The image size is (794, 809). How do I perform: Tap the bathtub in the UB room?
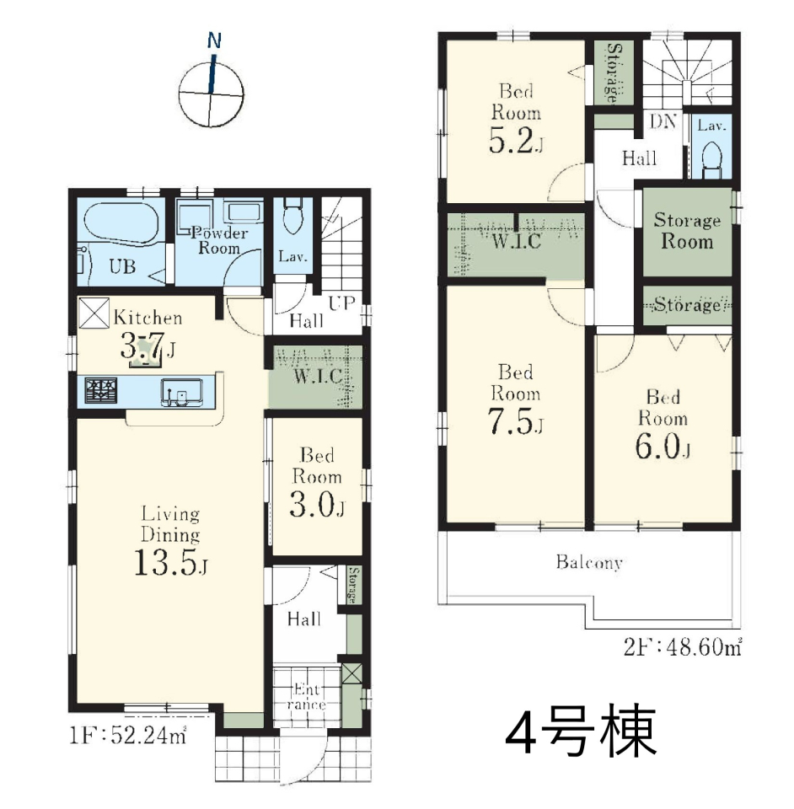121,222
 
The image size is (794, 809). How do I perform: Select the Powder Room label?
219,240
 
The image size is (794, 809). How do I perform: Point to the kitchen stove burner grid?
100,390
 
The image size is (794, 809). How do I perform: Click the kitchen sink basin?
181,392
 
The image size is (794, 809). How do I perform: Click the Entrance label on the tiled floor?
307,697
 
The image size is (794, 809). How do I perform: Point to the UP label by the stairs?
341,303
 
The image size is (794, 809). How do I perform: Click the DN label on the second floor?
663,121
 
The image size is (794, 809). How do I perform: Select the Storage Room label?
687,231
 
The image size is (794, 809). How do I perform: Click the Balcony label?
589,562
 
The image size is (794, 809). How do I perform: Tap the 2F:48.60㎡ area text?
683,646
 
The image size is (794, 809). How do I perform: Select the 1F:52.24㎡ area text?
128,736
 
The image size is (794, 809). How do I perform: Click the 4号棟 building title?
581,731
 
